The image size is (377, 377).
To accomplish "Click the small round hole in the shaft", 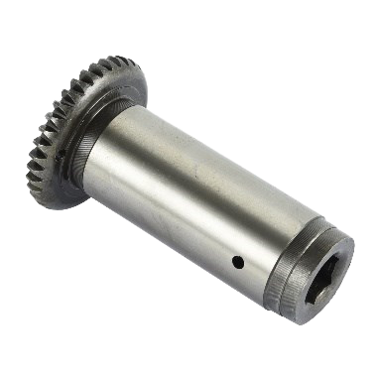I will tap(238, 262).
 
